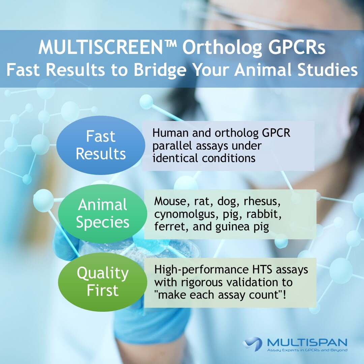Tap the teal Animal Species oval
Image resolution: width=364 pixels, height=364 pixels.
102,214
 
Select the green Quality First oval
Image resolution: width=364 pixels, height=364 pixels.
102,282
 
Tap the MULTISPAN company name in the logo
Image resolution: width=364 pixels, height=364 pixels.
307,343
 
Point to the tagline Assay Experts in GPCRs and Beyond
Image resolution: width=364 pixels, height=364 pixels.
307,351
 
